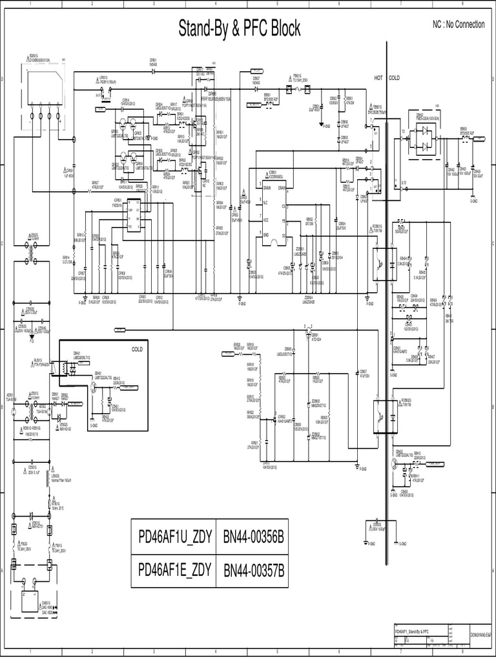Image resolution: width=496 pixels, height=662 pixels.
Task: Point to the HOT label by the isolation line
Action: (x=378, y=78)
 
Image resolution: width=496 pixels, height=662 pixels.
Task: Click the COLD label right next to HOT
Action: (x=394, y=78)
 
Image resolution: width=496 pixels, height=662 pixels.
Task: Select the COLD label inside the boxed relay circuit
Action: (x=136, y=348)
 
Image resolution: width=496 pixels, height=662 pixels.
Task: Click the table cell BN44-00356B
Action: (x=254, y=536)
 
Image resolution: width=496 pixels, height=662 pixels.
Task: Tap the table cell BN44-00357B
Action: (x=254, y=570)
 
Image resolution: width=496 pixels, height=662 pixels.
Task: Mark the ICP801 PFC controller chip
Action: (x=136, y=216)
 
